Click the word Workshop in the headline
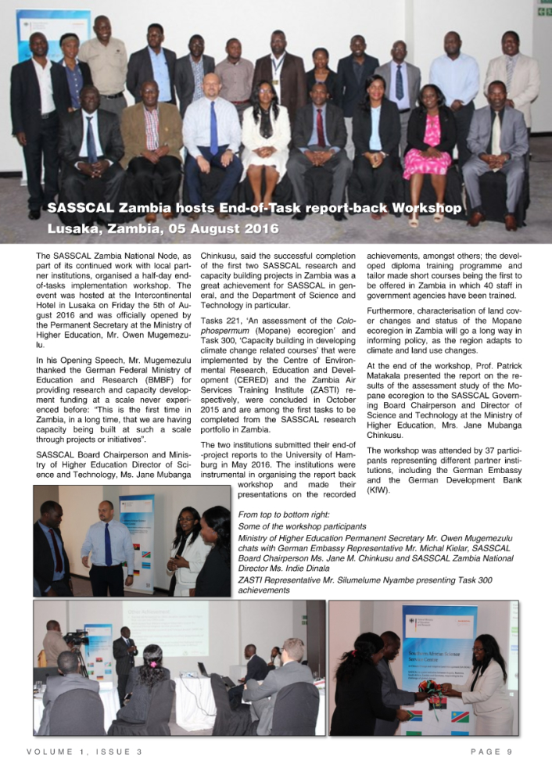(x=427, y=209)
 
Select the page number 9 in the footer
(x=509, y=752)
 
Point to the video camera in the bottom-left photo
(x=76, y=639)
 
